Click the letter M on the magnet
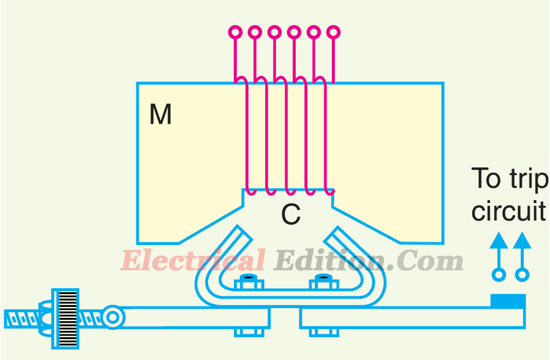(x=160, y=115)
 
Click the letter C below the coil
(x=290, y=215)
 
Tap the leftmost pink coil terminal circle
(x=234, y=32)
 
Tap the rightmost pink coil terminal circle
(x=333, y=32)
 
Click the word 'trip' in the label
(x=527, y=179)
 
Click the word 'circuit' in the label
(x=509, y=211)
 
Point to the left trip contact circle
(x=498, y=274)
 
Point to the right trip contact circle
(x=522, y=274)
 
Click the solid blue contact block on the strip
(x=507, y=301)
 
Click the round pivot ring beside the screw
(x=113, y=317)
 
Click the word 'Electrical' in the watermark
(x=192, y=260)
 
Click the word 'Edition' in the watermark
(x=330, y=260)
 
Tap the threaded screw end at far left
(x=20, y=318)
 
